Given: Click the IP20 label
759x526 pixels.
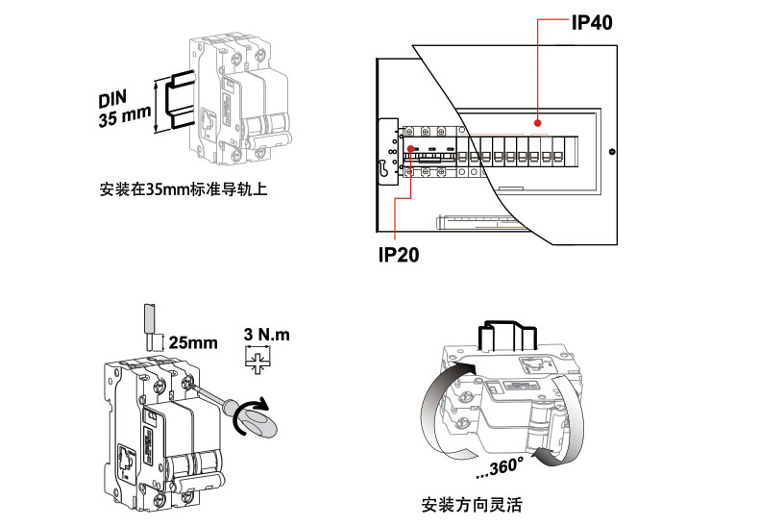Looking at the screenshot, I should tap(397, 255).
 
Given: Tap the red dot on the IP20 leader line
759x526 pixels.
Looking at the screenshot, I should tap(410, 149).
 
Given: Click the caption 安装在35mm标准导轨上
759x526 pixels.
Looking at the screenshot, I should tap(183, 188).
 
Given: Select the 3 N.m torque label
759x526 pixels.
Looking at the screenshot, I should tap(267, 335).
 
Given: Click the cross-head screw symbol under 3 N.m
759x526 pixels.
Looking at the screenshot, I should tap(257, 362).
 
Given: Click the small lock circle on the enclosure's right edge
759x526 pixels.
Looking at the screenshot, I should tap(612, 150).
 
